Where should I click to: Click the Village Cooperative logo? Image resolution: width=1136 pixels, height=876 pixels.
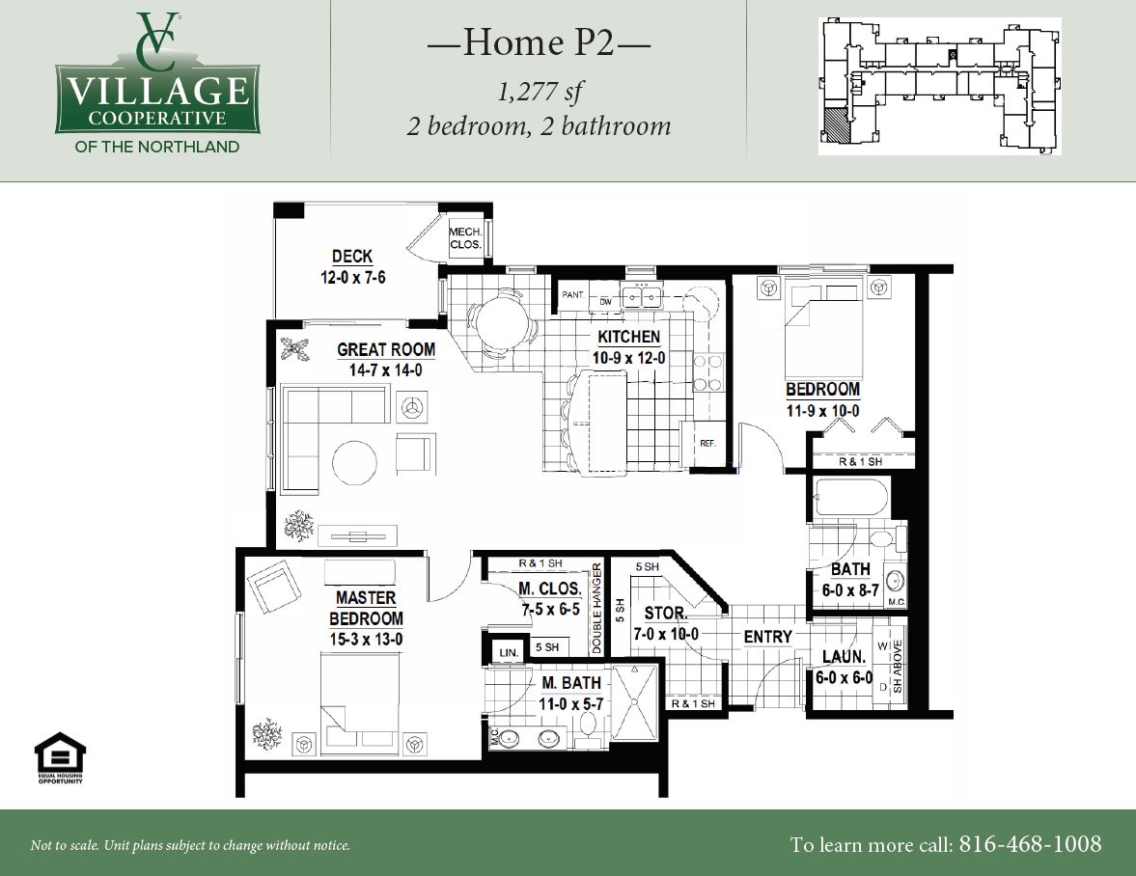(x=157, y=83)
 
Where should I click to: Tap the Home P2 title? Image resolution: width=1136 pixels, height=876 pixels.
(x=539, y=42)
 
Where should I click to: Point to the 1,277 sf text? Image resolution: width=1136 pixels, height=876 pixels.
(x=539, y=92)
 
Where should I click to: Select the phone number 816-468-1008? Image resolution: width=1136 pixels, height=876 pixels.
(x=1030, y=844)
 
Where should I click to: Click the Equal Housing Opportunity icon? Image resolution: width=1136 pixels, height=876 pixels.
(x=60, y=757)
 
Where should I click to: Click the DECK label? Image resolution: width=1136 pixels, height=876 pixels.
(x=352, y=257)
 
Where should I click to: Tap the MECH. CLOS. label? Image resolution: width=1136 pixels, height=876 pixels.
(x=465, y=238)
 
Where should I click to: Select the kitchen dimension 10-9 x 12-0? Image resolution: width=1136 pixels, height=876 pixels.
(x=629, y=358)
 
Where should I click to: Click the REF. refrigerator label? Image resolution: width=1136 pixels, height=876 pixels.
(x=707, y=443)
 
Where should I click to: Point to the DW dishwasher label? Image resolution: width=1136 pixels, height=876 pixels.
(x=606, y=302)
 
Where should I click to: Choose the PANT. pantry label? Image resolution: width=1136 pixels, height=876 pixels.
(x=573, y=294)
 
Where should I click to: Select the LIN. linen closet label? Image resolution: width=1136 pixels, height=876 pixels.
(x=509, y=653)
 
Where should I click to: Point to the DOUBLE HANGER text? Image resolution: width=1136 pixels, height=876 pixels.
(x=597, y=609)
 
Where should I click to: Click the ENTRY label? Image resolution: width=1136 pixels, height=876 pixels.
(x=768, y=637)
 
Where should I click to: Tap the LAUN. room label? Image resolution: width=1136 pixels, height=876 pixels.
(x=844, y=657)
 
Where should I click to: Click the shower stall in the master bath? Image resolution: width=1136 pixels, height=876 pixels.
(x=635, y=701)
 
